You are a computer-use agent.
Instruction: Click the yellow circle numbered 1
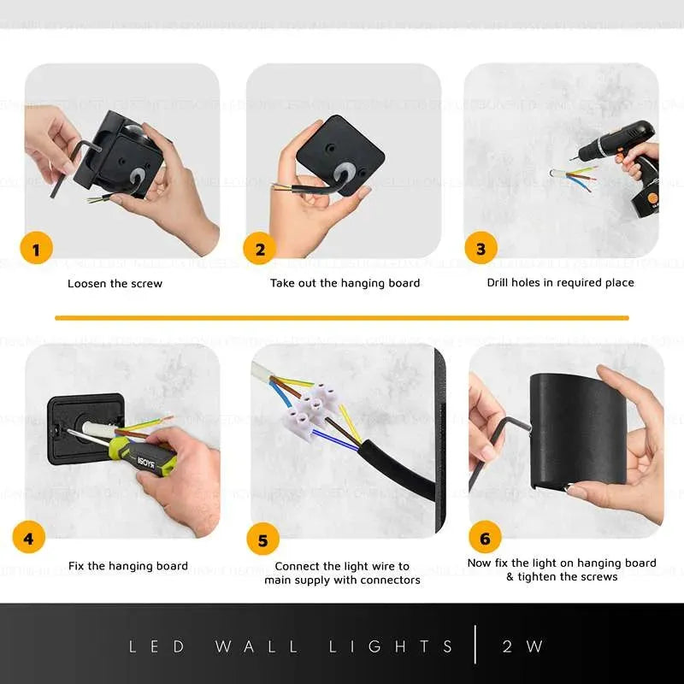click(36, 250)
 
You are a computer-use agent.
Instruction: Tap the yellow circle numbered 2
click(260, 250)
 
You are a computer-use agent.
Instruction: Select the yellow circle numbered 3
click(481, 249)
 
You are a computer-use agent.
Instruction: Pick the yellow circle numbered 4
click(29, 539)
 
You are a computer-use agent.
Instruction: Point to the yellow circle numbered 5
click(262, 540)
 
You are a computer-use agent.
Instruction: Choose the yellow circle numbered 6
click(485, 539)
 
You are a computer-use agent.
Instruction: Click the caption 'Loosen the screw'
click(115, 283)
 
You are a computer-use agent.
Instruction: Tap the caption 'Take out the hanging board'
click(345, 283)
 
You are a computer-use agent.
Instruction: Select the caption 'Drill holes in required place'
click(560, 282)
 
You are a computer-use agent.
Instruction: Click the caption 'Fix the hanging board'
click(127, 566)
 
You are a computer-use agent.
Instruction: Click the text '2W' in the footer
click(523, 646)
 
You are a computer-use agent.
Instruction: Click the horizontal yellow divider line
click(342, 318)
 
